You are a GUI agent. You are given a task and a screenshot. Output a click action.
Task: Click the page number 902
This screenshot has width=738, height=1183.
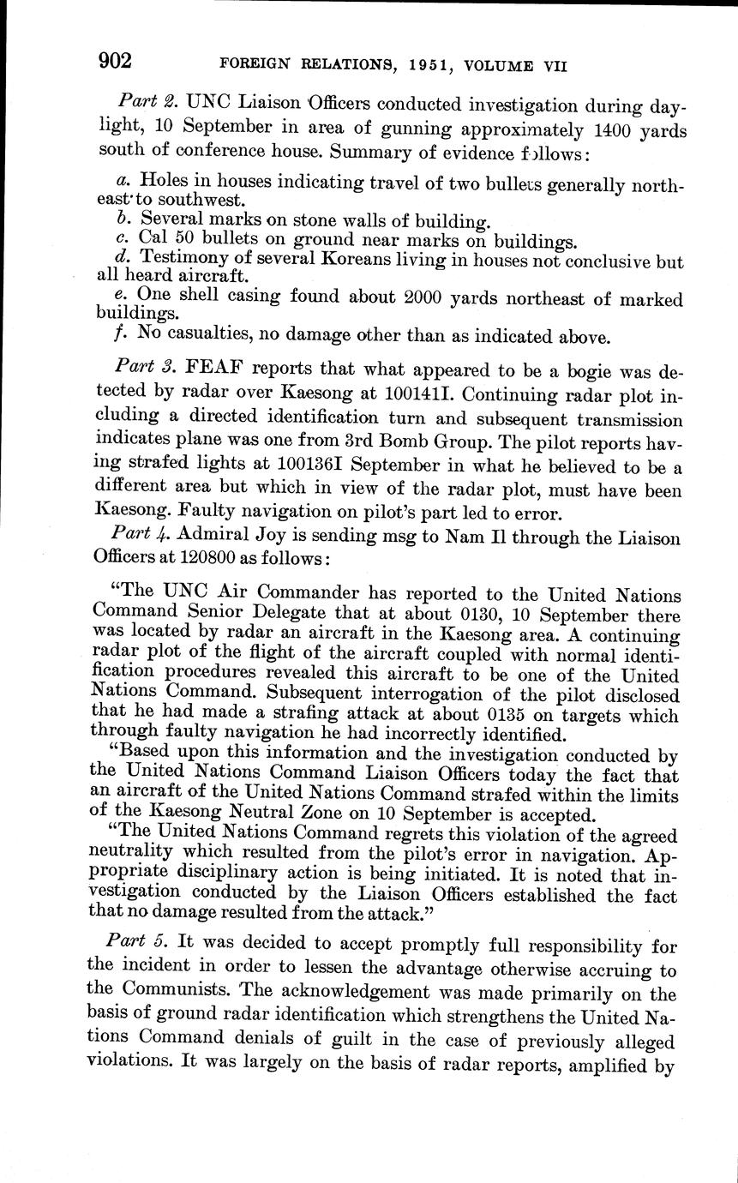tap(115, 61)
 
